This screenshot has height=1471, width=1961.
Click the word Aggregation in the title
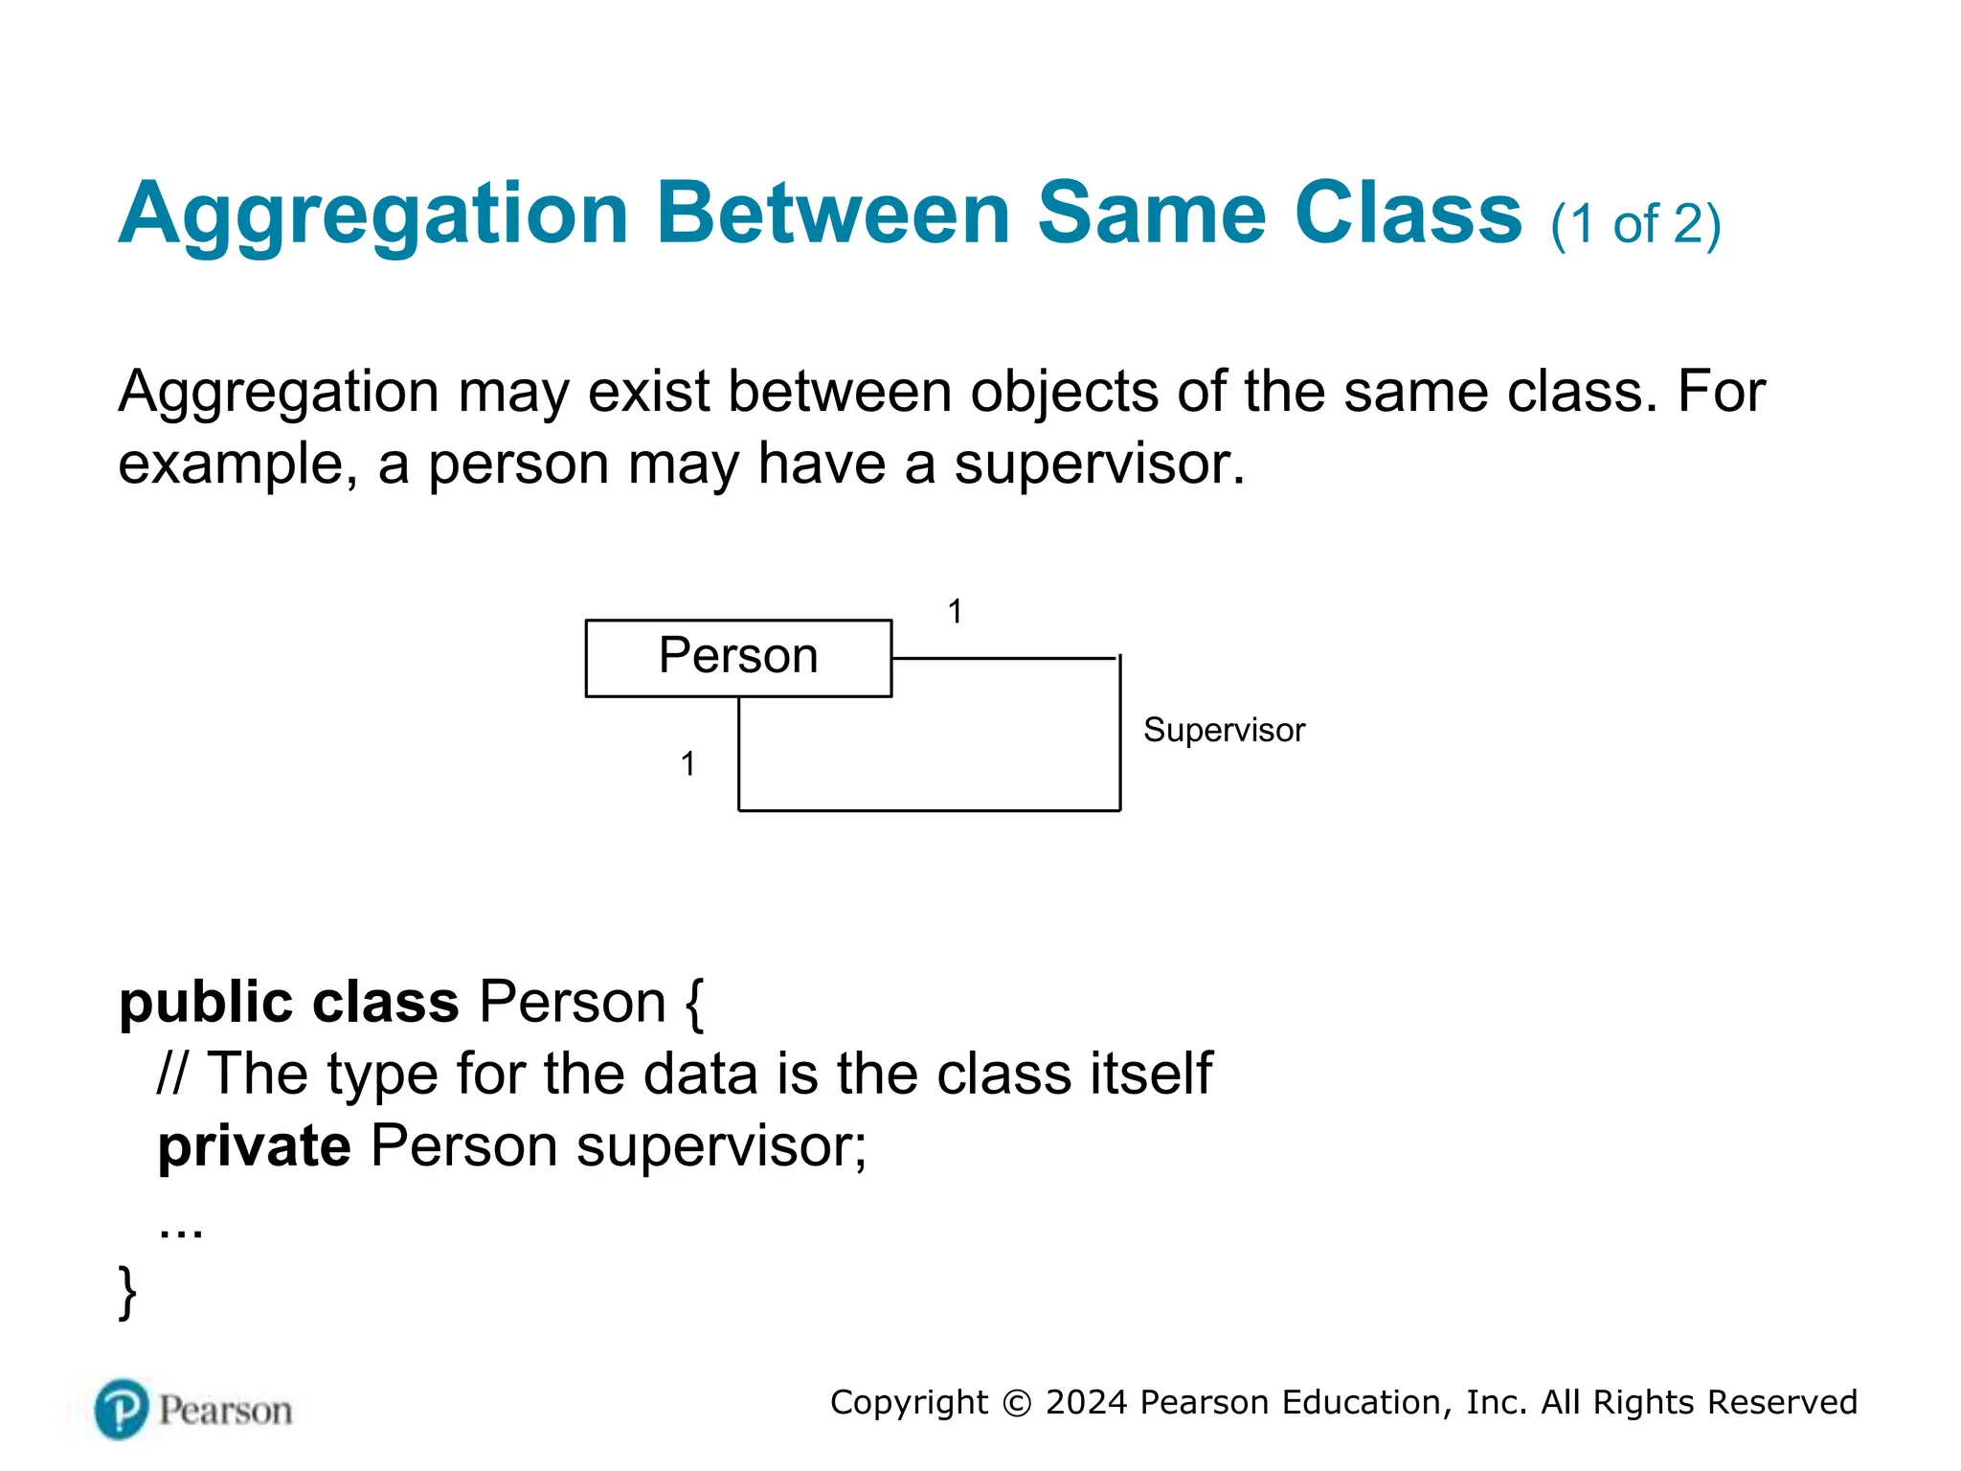click(x=373, y=215)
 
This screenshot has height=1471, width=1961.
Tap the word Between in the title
click(x=833, y=215)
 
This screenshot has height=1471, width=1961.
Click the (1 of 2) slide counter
click(x=1635, y=224)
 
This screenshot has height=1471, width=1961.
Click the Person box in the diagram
click(x=738, y=657)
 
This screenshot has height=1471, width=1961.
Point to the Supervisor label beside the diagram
click(x=1224, y=730)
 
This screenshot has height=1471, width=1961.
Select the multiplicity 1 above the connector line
click(x=955, y=611)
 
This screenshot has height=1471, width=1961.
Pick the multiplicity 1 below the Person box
click(x=687, y=763)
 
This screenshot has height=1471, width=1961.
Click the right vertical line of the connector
click(x=1119, y=734)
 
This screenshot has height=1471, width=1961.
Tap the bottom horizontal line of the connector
click(x=929, y=810)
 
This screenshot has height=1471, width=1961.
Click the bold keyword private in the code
click(x=254, y=1145)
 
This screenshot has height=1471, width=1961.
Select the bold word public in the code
click(x=205, y=1003)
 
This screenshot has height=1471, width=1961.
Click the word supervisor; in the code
click(x=720, y=1145)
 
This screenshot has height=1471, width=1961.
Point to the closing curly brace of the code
click(x=127, y=1292)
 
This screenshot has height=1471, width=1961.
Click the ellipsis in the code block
click(x=181, y=1230)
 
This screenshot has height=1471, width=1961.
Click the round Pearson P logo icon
click(x=122, y=1409)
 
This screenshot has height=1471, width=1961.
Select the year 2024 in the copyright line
click(x=1086, y=1402)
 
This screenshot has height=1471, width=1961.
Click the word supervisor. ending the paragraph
click(x=1098, y=464)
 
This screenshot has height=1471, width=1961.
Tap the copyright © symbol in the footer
click(x=1016, y=1403)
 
